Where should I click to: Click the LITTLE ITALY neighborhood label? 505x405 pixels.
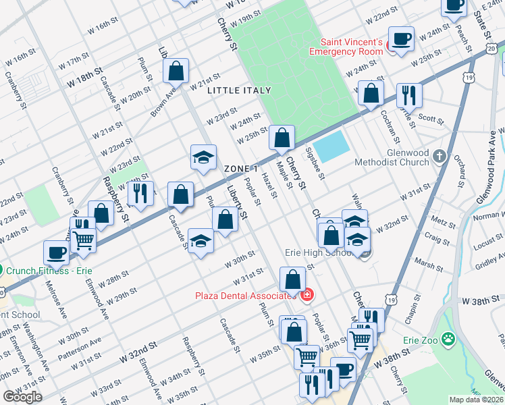tap(239, 90)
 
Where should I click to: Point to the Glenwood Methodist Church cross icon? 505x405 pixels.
tap(440, 157)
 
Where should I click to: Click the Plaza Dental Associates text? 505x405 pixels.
tap(246, 296)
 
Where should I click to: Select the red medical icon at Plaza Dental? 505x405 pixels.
tap(307, 295)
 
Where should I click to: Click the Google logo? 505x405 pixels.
tap(22, 397)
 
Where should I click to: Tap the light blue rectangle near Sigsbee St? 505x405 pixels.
tap(331, 146)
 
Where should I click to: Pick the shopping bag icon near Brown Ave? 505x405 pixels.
tap(176, 72)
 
